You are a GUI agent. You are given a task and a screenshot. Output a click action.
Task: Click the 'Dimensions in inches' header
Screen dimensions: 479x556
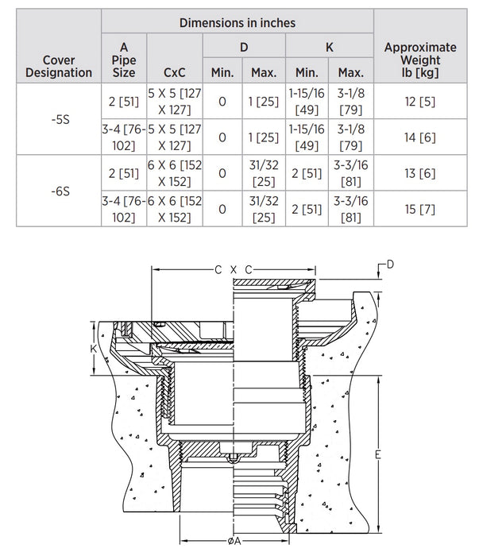tap(238, 23)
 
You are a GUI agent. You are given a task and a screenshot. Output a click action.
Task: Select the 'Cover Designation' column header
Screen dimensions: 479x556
tap(59, 66)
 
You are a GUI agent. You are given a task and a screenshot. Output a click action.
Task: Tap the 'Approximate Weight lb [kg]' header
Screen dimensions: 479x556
tap(420, 60)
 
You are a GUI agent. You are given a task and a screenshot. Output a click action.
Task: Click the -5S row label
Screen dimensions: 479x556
tap(60, 119)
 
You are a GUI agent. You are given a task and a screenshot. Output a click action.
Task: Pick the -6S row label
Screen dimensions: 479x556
tap(60, 191)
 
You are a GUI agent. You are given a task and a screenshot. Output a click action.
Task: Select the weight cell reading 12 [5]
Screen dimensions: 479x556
tap(420, 102)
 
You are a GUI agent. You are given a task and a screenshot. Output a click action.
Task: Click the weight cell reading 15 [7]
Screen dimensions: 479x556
tap(420, 209)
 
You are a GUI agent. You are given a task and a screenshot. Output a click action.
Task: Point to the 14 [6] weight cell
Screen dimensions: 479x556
tap(420, 137)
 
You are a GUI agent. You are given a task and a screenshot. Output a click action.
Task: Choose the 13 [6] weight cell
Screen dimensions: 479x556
tap(420, 173)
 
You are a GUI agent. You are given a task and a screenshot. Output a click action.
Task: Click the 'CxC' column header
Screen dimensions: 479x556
tap(175, 73)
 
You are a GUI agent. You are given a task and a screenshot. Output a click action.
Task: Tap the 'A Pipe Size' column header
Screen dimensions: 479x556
tap(124, 60)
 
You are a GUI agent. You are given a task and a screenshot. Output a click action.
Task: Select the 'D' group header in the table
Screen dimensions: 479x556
tap(244, 47)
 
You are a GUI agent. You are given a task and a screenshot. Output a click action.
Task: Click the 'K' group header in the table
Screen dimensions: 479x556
tap(330, 47)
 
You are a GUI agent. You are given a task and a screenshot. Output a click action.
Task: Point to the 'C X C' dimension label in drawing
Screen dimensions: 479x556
tap(234, 270)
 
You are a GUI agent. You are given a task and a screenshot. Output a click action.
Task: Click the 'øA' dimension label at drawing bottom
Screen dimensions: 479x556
tap(234, 541)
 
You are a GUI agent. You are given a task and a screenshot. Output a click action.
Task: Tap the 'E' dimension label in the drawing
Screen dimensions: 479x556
tap(378, 454)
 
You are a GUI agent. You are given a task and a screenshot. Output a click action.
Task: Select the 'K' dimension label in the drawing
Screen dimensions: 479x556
tap(93, 349)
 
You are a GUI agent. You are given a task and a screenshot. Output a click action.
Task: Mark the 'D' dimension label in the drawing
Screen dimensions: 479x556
tap(390, 264)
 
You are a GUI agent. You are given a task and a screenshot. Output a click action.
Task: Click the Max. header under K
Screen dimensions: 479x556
tap(351, 73)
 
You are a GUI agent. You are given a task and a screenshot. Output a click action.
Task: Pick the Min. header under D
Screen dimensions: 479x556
tap(222, 73)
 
